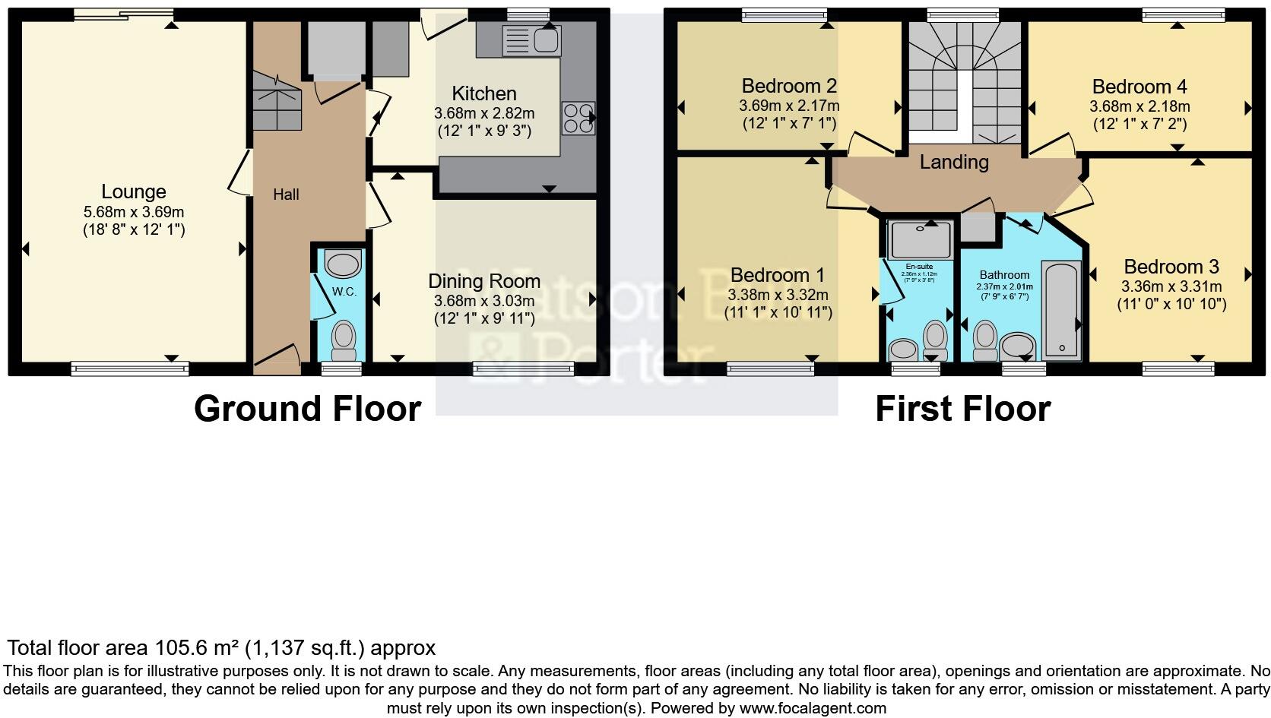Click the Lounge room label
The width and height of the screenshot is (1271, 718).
(134, 192)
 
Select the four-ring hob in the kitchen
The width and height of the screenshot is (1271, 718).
(577, 118)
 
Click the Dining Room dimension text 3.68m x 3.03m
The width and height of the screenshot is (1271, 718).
(484, 302)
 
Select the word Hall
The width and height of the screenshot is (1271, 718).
(286, 195)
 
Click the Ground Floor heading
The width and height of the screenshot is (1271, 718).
(307, 409)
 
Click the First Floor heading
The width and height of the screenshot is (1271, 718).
(962, 409)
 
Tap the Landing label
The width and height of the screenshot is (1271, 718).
(954, 162)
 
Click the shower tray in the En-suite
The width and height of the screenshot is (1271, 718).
(921, 239)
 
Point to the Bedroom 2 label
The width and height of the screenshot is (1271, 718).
(789, 86)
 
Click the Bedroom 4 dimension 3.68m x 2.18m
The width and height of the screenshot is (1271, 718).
(1139, 106)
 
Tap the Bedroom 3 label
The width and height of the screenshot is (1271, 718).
(1171, 267)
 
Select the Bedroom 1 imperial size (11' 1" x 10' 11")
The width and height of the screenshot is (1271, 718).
(778, 312)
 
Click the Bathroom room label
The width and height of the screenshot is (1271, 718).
(1004, 275)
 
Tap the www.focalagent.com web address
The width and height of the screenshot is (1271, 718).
(812, 708)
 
